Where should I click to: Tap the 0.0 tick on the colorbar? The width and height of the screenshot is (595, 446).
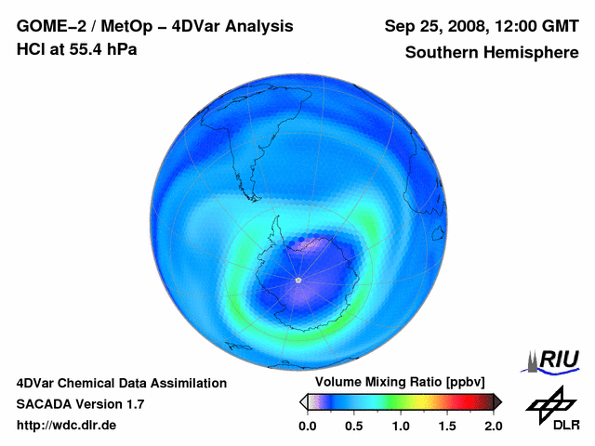point(308,426)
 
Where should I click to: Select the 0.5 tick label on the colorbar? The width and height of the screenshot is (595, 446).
point(354,426)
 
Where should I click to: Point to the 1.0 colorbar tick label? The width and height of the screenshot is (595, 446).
point(401,426)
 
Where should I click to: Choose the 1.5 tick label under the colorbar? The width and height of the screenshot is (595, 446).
point(447,426)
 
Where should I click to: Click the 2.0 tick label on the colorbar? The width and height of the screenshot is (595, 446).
point(493,426)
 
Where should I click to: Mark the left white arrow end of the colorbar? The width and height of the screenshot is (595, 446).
point(303,401)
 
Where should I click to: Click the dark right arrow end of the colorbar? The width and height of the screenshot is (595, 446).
point(497,401)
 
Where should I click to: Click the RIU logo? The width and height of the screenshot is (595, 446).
point(553,361)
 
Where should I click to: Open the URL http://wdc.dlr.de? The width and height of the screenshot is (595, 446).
point(67,426)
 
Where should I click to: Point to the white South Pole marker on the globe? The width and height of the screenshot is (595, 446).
point(297,280)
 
